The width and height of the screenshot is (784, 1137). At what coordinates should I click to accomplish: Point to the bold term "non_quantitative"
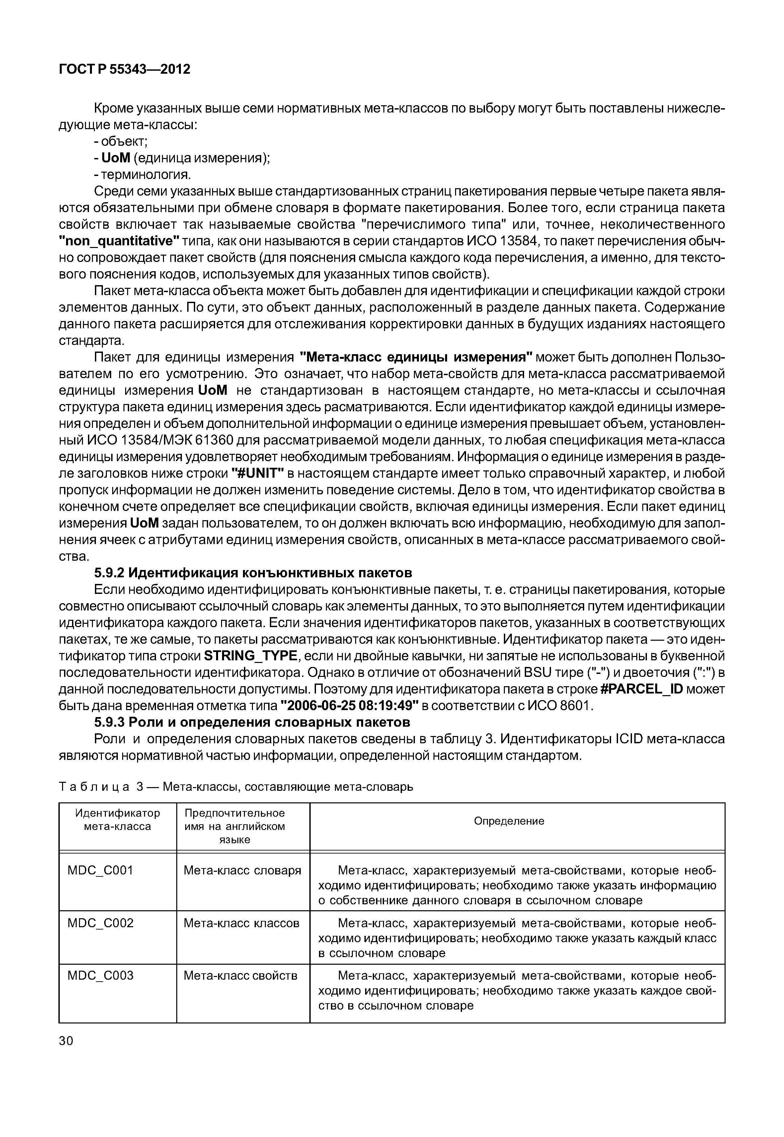click(119, 241)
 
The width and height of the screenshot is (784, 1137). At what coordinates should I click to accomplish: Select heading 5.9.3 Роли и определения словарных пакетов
click(252, 722)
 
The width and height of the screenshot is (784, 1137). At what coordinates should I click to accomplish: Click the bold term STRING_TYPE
click(250, 656)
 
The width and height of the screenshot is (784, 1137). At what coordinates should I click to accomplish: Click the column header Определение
click(509, 821)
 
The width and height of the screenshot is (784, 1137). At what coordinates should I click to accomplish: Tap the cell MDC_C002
click(100, 923)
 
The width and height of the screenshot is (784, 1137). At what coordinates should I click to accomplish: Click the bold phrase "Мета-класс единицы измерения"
click(416, 357)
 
